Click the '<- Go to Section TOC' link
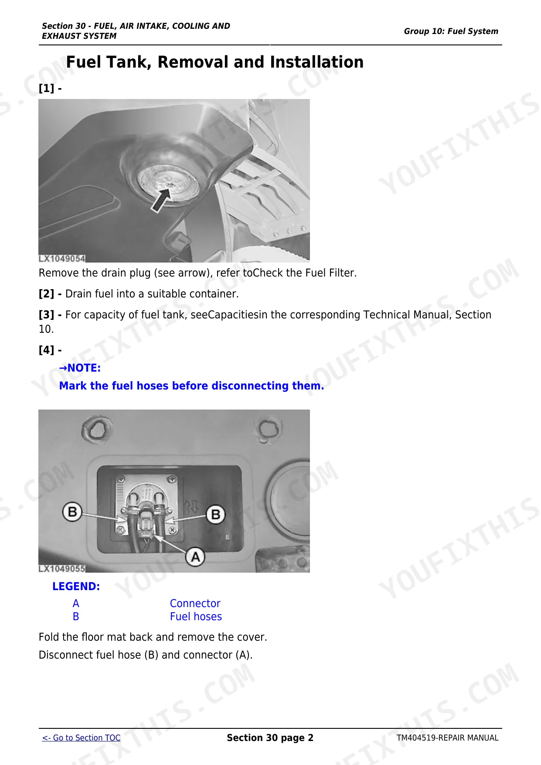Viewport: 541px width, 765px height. [x=81, y=738]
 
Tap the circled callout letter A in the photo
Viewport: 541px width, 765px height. [x=195, y=557]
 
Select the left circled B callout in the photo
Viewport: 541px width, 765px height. [x=72, y=512]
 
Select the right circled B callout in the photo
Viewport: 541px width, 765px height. [x=215, y=515]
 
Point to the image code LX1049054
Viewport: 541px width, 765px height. [x=62, y=259]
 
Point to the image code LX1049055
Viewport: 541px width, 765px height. [x=62, y=569]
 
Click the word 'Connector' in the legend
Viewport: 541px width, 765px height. [x=195, y=604]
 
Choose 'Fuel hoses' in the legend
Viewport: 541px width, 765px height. [x=196, y=617]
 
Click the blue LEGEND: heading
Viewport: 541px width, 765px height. [x=76, y=587]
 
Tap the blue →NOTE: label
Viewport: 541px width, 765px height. [x=80, y=368]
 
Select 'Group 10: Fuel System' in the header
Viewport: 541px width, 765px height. [x=451, y=31]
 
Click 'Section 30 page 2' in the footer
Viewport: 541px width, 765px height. [x=270, y=738]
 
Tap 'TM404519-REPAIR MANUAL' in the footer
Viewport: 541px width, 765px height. [x=447, y=738]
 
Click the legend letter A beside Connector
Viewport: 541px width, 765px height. [x=76, y=604]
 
